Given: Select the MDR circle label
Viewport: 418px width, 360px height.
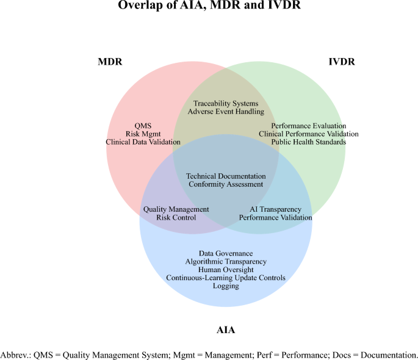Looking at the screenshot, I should pos(110,62).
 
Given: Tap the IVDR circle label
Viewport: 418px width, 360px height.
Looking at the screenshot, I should pos(342,62).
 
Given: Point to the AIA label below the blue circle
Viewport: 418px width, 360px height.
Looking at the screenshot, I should pos(226,330).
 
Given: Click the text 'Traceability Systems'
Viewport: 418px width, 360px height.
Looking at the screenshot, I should pos(226,104).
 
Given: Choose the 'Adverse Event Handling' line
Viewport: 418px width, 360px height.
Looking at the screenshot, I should pos(226,112).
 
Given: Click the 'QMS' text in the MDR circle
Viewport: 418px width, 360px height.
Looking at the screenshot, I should pos(143,126).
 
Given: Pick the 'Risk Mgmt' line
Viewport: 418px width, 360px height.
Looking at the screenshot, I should pos(143,134).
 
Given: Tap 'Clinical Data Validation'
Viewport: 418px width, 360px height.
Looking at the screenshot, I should pos(143,142).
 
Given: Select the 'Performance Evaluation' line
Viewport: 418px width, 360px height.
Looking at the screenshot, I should pos(309,126).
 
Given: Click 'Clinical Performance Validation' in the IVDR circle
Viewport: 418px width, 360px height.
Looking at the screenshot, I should pos(309,134).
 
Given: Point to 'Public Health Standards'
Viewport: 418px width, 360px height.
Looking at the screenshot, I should pos(309,142).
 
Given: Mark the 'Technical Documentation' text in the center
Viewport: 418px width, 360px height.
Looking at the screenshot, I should pos(226,176).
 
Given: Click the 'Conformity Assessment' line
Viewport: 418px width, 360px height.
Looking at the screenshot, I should pos(226,184).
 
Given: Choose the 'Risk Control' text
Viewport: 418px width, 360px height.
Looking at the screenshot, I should pos(176,217).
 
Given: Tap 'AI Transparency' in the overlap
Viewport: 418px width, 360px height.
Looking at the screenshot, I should pos(275,209).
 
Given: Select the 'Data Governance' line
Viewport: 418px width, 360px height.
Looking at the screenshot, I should pos(226,253).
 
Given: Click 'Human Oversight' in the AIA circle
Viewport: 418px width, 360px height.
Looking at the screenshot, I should pos(226,269).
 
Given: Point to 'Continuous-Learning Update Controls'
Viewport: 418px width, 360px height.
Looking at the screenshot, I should pos(226,278).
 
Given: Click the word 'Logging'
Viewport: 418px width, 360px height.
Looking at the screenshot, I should pos(226,286).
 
